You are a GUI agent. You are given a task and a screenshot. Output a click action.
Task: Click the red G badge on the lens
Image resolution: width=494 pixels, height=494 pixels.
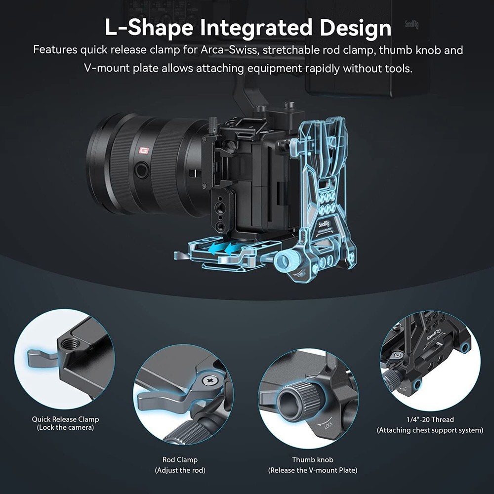pyautogui.click(x=144, y=151)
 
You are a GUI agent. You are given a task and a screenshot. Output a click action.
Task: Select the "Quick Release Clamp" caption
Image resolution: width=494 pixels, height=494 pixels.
pyautogui.click(x=65, y=419)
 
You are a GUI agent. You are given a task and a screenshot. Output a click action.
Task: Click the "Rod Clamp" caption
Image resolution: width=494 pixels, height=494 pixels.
pyautogui.click(x=180, y=460)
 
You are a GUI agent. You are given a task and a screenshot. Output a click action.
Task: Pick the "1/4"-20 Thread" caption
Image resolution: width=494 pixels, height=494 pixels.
pyautogui.click(x=429, y=419)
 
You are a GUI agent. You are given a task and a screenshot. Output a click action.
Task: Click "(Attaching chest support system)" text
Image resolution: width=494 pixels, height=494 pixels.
pyautogui.click(x=430, y=430)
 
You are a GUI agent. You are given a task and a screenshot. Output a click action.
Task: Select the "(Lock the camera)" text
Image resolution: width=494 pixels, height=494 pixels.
pyautogui.click(x=65, y=428)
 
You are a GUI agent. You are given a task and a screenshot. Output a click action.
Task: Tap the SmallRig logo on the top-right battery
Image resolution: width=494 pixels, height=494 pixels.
pyautogui.click(x=412, y=25)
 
